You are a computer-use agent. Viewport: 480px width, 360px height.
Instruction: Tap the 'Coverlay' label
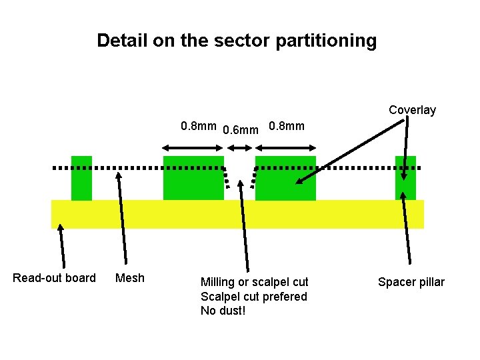tap(412, 110)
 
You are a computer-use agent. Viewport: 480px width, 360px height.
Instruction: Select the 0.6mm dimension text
tap(240, 129)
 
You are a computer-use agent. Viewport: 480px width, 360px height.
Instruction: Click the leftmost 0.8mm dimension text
tap(199, 126)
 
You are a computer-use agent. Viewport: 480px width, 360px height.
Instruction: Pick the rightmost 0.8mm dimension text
tap(286, 126)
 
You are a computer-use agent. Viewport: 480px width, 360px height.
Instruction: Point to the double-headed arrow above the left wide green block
tap(193, 147)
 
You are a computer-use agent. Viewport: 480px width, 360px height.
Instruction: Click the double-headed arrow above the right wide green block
tap(286, 147)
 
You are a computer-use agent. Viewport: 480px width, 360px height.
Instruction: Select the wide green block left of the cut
tap(193, 178)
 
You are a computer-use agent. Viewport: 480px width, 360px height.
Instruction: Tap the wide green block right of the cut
tap(285, 178)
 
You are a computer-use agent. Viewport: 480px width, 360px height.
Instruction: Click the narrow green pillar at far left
tap(81, 178)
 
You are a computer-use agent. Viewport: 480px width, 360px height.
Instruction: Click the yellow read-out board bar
tap(237, 214)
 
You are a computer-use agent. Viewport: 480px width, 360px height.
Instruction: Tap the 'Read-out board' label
tap(54, 278)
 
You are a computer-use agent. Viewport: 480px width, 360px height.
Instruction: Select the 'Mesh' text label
tap(130, 278)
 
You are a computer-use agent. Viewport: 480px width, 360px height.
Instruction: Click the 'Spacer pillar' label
tap(411, 282)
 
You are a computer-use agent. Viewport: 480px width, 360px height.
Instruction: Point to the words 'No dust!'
tap(223, 311)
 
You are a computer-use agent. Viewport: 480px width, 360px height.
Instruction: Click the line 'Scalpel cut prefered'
tap(254, 297)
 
